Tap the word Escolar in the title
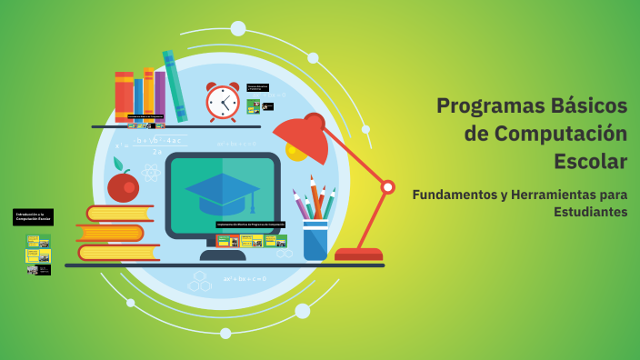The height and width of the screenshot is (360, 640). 590,162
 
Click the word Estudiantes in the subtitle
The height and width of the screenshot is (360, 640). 590,212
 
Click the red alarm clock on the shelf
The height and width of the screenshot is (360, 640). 222,102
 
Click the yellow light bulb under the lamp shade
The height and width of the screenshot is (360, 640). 296,149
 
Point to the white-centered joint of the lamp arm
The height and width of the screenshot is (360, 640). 387,187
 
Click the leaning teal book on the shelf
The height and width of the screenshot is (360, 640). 175,86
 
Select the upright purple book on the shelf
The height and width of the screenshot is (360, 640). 160,95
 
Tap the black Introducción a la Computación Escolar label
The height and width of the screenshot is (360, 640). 33,217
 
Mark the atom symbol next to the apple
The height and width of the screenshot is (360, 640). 151,172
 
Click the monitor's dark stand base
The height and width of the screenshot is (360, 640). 223,255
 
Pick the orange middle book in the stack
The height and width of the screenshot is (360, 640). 110,233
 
